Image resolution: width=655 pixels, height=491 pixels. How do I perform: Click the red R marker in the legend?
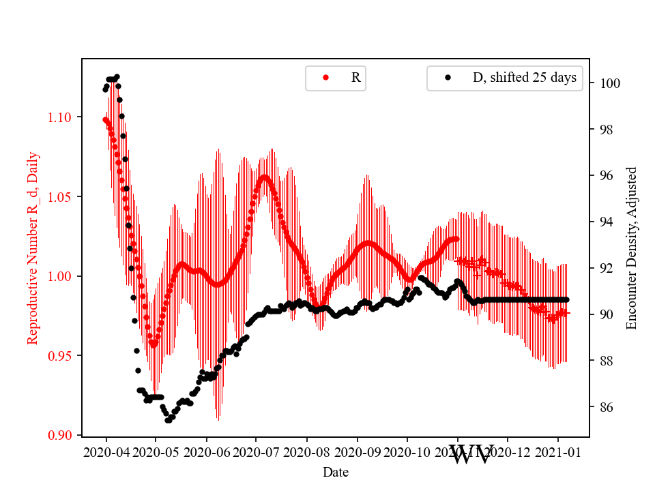click(x=325, y=78)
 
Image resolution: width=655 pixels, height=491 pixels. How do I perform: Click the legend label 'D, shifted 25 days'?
click(x=524, y=78)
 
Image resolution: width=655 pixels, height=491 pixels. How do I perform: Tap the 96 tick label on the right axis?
click(x=605, y=176)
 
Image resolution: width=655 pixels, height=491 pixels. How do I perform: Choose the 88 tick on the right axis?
click(x=605, y=361)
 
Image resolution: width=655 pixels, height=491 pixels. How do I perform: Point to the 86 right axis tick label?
click(x=605, y=407)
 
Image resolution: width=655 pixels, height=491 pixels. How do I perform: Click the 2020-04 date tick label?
click(x=106, y=451)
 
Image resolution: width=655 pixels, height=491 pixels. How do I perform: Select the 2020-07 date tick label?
click(x=257, y=451)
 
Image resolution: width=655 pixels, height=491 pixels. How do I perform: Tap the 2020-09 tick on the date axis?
click(x=357, y=451)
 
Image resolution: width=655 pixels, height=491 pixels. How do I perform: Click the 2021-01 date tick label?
click(x=557, y=451)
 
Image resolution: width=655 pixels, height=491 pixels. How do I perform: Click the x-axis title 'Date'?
click(x=335, y=471)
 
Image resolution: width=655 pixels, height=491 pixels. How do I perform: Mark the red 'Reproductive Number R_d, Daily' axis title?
click(x=32, y=248)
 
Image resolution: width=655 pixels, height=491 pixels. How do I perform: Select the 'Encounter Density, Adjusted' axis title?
click(x=631, y=248)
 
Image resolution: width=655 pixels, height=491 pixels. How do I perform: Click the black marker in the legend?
click(x=448, y=78)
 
